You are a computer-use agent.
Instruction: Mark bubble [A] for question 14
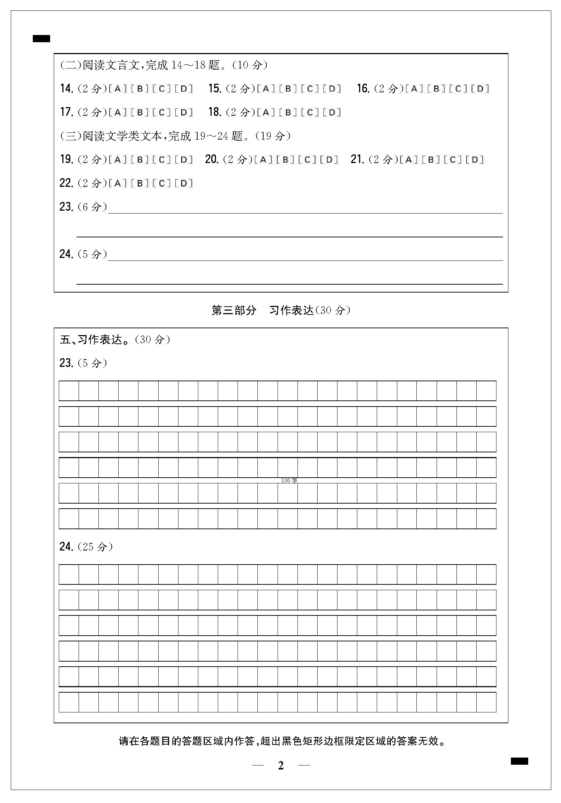coord(118,89)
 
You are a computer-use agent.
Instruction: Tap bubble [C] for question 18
coord(310,113)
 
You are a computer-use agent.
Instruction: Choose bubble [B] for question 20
coord(286,160)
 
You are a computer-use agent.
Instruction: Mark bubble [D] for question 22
coord(184,184)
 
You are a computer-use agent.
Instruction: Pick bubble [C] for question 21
coord(453,160)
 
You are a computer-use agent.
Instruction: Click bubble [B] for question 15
coord(288,89)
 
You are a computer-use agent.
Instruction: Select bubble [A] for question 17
coord(118,113)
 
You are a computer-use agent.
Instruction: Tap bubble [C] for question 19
coord(162,160)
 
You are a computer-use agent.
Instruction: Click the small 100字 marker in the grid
coord(289,481)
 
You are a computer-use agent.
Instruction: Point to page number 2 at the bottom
coord(281,765)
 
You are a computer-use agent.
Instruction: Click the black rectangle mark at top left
coord(41,39)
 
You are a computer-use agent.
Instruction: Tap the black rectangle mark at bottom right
coord(519,761)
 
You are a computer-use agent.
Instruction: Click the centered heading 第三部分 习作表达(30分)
coord(280,310)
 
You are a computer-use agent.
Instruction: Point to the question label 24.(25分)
coord(86,547)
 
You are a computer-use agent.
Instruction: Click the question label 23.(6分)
coord(83,207)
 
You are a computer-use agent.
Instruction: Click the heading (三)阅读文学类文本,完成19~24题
coord(175,136)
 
